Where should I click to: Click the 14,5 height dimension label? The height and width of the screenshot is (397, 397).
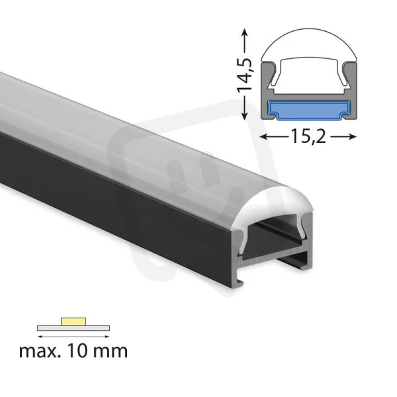point(244,74)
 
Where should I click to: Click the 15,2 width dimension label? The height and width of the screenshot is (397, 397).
point(308,136)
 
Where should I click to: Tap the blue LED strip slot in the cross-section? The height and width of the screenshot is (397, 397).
point(308,110)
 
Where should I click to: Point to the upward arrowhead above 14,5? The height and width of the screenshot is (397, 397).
point(244,32)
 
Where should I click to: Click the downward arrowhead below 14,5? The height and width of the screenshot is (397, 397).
point(244,116)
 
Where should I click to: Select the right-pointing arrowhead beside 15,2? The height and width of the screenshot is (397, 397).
point(352,137)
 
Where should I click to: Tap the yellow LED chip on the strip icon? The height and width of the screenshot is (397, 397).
point(73,322)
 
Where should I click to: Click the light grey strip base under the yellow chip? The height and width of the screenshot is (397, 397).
point(73,328)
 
